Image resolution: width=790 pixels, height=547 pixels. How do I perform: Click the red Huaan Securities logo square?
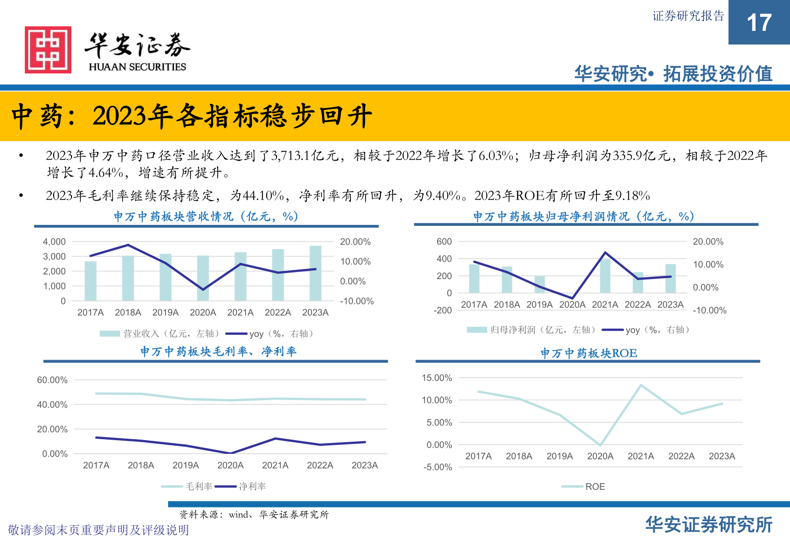[48, 50]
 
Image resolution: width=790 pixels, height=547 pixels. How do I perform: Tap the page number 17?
[759, 23]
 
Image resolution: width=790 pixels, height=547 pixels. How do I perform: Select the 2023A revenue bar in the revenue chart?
[315, 273]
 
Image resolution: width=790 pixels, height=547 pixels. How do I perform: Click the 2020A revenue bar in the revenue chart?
[203, 278]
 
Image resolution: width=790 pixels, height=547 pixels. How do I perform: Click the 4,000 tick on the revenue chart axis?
[54, 242]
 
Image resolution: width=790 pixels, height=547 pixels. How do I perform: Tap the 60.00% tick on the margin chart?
[52, 380]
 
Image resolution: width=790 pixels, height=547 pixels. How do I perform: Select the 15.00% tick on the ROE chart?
[437, 378]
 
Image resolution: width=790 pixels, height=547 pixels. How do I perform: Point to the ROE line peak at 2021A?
[641, 385]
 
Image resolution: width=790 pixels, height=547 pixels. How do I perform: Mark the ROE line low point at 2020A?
[600, 445]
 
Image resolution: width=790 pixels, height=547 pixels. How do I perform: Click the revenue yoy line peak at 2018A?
[128, 245]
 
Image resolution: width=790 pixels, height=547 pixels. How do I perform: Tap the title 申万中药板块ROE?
[588, 353]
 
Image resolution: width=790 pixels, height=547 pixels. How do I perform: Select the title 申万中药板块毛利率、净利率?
[218, 351]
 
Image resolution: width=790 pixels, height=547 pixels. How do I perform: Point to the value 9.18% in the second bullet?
[632, 196]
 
